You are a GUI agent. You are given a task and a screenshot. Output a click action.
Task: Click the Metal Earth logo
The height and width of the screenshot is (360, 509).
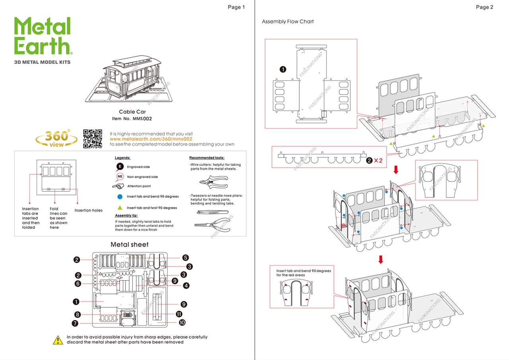[43, 36]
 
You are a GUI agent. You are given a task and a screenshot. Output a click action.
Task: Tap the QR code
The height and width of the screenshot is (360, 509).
[93, 139]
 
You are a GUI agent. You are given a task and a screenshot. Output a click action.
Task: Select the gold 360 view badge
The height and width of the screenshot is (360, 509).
[57, 139]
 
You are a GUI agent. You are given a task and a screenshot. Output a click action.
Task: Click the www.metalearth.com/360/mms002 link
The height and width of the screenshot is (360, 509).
[151, 139]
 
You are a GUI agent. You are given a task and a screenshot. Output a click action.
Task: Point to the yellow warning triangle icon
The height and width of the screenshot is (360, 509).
[58, 340]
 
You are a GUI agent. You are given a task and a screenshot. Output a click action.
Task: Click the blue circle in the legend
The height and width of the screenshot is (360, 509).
[120, 197]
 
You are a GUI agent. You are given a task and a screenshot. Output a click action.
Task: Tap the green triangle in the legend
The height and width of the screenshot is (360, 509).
[120, 208]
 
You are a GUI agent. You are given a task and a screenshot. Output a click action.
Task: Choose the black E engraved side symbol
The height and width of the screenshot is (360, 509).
[119, 167]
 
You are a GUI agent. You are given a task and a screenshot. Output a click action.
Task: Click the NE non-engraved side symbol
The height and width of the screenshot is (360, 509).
[120, 177]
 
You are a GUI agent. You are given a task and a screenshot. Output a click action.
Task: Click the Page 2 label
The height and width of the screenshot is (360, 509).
[484, 7]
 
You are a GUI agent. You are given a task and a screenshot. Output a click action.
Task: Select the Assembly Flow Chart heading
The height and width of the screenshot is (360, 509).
[288, 21]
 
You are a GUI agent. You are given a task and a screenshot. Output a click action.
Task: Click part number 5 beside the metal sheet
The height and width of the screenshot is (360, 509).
[186, 258]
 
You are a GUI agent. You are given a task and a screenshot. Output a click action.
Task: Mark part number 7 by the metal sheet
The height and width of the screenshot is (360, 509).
[75, 323]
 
